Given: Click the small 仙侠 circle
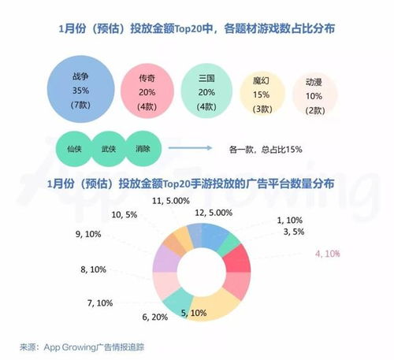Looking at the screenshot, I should (x=71, y=147).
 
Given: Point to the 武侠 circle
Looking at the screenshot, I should (x=107, y=147).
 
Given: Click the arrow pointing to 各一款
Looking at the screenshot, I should (x=200, y=147).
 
